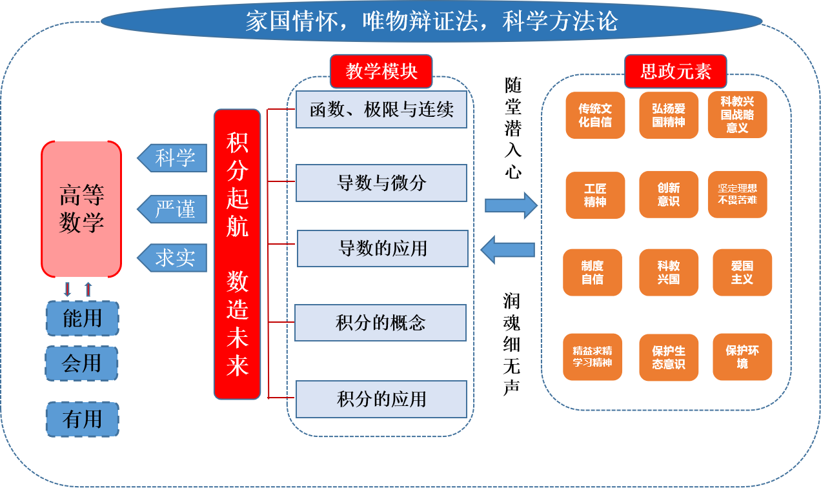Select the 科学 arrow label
(173, 158)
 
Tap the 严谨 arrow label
(173, 209)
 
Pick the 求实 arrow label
(173, 258)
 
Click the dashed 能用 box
(83, 318)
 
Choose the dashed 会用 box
(81, 363)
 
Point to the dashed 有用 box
(83, 420)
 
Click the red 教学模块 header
(381, 71)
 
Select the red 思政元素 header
(675, 71)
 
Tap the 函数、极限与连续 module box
(381, 110)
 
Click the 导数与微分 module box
(381, 183)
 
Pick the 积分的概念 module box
(380, 323)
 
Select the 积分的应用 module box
(381, 399)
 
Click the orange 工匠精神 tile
(595, 195)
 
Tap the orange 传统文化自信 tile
(595, 116)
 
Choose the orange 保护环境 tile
(742, 357)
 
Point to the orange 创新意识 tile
(669, 194)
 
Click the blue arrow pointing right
(511, 205)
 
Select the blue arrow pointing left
(508, 250)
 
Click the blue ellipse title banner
(431, 21)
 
